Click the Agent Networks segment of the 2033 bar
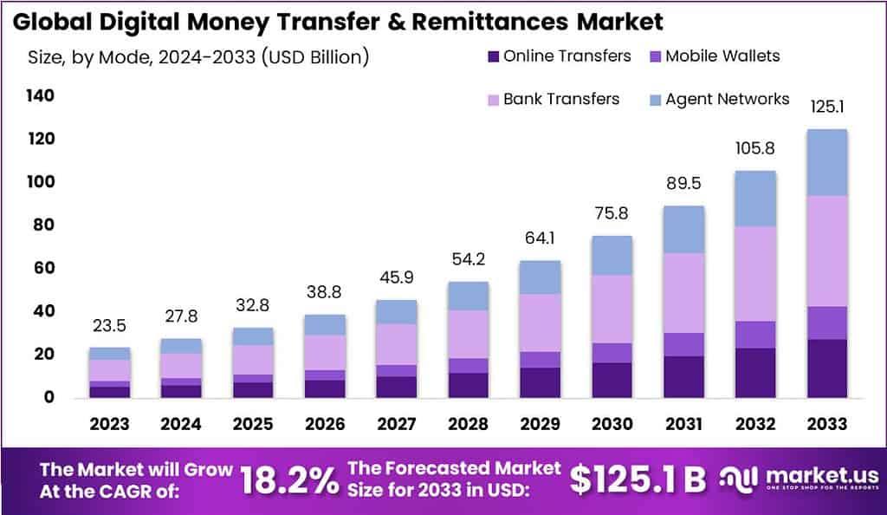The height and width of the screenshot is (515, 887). (826, 162)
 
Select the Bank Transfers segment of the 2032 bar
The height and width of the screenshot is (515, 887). (755, 273)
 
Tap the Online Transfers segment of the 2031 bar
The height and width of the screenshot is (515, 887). (683, 376)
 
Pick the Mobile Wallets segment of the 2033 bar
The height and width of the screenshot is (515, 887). (826, 323)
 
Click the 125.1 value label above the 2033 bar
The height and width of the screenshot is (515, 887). (826, 108)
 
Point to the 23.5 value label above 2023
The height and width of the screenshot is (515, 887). (109, 327)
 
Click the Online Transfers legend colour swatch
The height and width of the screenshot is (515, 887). (494, 57)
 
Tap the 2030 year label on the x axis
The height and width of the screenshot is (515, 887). (612, 424)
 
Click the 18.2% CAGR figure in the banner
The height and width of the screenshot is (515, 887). (289, 479)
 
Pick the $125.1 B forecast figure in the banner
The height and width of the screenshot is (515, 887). (638, 479)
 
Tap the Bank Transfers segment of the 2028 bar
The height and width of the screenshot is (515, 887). (469, 334)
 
